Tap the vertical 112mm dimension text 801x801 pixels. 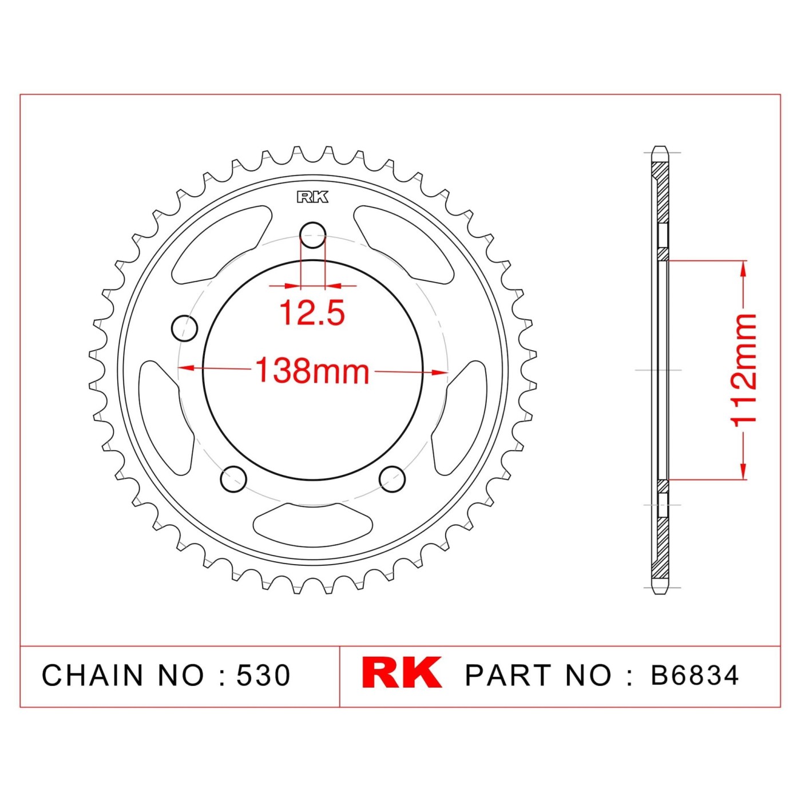pyautogui.click(x=744, y=370)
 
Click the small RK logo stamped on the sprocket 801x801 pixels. pyautogui.click(x=312, y=197)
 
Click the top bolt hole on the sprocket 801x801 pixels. pyautogui.click(x=312, y=235)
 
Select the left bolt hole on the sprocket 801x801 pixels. pyautogui.click(x=185, y=328)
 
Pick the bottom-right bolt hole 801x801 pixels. pyautogui.click(x=392, y=479)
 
